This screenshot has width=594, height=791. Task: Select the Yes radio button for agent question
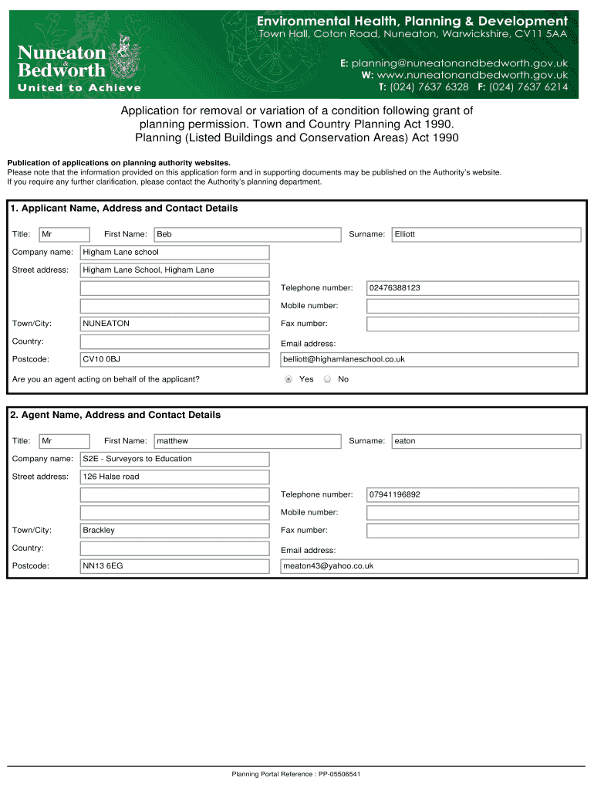(x=289, y=379)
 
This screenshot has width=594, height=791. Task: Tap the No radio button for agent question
(x=327, y=379)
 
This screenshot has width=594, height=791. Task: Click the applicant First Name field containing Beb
(x=247, y=234)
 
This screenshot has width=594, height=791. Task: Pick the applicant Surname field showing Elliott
(x=486, y=234)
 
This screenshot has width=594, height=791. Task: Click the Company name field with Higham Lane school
(x=175, y=253)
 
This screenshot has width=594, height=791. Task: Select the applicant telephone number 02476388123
(x=472, y=288)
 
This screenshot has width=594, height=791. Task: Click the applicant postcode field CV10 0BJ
(x=175, y=359)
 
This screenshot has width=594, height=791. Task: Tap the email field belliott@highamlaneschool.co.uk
(x=430, y=359)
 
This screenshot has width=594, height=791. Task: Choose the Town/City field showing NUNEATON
(x=175, y=324)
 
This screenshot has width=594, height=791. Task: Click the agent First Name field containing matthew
(x=247, y=441)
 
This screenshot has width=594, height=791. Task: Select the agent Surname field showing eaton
(x=486, y=441)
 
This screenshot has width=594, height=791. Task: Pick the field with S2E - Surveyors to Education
(x=175, y=459)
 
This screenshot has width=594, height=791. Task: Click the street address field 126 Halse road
(x=175, y=477)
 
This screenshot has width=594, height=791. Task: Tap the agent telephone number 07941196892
(x=472, y=494)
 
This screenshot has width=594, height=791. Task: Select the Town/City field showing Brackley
(x=175, y=530)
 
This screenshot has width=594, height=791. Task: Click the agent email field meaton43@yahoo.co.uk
(x=430, y=565)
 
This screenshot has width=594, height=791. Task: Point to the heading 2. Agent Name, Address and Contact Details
(x=116, y=415)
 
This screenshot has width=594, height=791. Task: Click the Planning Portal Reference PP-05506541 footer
(x=296, y=773)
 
